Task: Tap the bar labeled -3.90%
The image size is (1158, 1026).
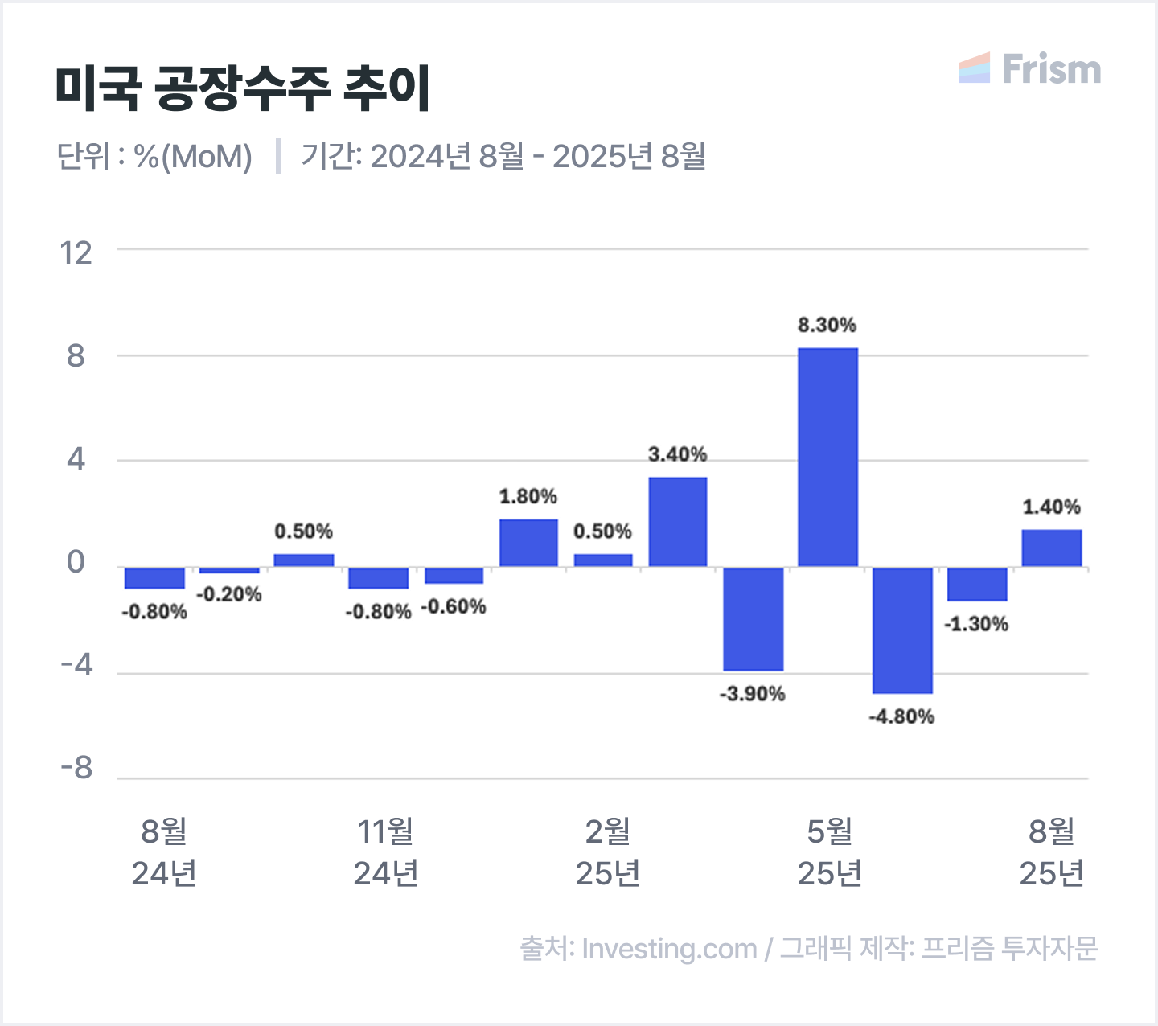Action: point(753,618)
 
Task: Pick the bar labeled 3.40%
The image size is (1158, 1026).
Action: point(678,522)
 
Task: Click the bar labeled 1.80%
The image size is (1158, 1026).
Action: point(528,543)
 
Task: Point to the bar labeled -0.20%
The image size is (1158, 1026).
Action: point(229,570)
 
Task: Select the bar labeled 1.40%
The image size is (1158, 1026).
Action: point(1052,548)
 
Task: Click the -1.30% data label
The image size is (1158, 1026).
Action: point(976,624)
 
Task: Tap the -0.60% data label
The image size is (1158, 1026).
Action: point(454,606)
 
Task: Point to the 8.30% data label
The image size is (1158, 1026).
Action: point(827,325)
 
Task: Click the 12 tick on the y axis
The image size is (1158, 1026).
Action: point(76,253)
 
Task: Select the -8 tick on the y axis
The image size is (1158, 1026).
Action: point(77,769)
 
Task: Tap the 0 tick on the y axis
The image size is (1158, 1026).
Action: point(76,563)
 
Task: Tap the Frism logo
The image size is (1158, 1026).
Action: point(1030,69)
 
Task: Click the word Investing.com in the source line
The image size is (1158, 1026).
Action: point(669,949)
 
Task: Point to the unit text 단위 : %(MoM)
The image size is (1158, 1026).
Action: point(154,156)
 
